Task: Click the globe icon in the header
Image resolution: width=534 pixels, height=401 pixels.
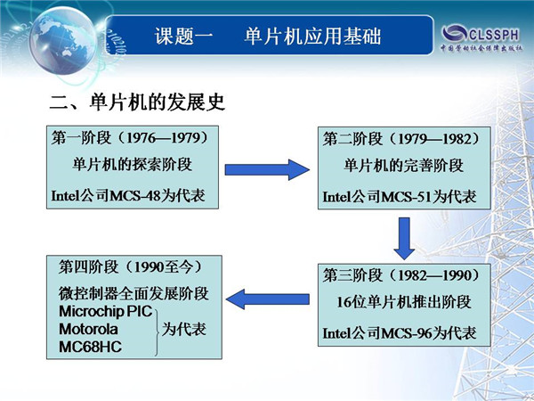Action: [63, 41]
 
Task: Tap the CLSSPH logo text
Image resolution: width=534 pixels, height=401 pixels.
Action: [494, 35]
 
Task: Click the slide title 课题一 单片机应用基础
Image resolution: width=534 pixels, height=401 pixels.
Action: [268, 36]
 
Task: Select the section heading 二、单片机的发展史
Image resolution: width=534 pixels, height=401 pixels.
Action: [137, 102]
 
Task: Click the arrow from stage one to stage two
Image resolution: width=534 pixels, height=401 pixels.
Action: [267, 169]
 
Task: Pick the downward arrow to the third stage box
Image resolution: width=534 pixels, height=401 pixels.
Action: [404, 238]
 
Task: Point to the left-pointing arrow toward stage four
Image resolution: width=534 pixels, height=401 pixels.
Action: [268, 299]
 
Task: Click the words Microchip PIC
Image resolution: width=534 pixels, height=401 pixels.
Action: [106, 311]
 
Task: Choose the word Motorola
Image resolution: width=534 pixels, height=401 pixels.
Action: [88, 329]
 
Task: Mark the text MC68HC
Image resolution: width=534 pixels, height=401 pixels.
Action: [90, 347]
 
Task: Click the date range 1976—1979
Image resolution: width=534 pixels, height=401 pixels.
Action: [163, 138]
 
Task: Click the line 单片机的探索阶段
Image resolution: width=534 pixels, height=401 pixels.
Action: [132, 165]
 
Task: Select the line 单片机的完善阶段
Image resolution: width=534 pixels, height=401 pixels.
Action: [403, 166]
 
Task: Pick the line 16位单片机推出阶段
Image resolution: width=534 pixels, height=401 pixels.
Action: [404, 302]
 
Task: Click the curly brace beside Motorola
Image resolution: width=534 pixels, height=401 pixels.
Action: [158, 332]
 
